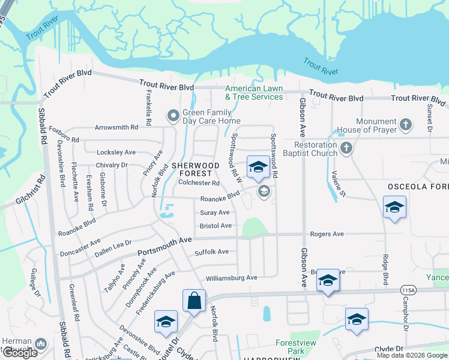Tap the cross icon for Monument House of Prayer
(x=406, y=125)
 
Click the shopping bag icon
(x=194, y=301)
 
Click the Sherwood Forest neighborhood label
(x=196, y=169)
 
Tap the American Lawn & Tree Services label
(x=254, y=92)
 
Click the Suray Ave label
(x=214, y=212)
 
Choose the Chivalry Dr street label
(x=112, y=165)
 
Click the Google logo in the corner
(x=20, y=353)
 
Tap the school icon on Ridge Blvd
(x=394, y=208)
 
